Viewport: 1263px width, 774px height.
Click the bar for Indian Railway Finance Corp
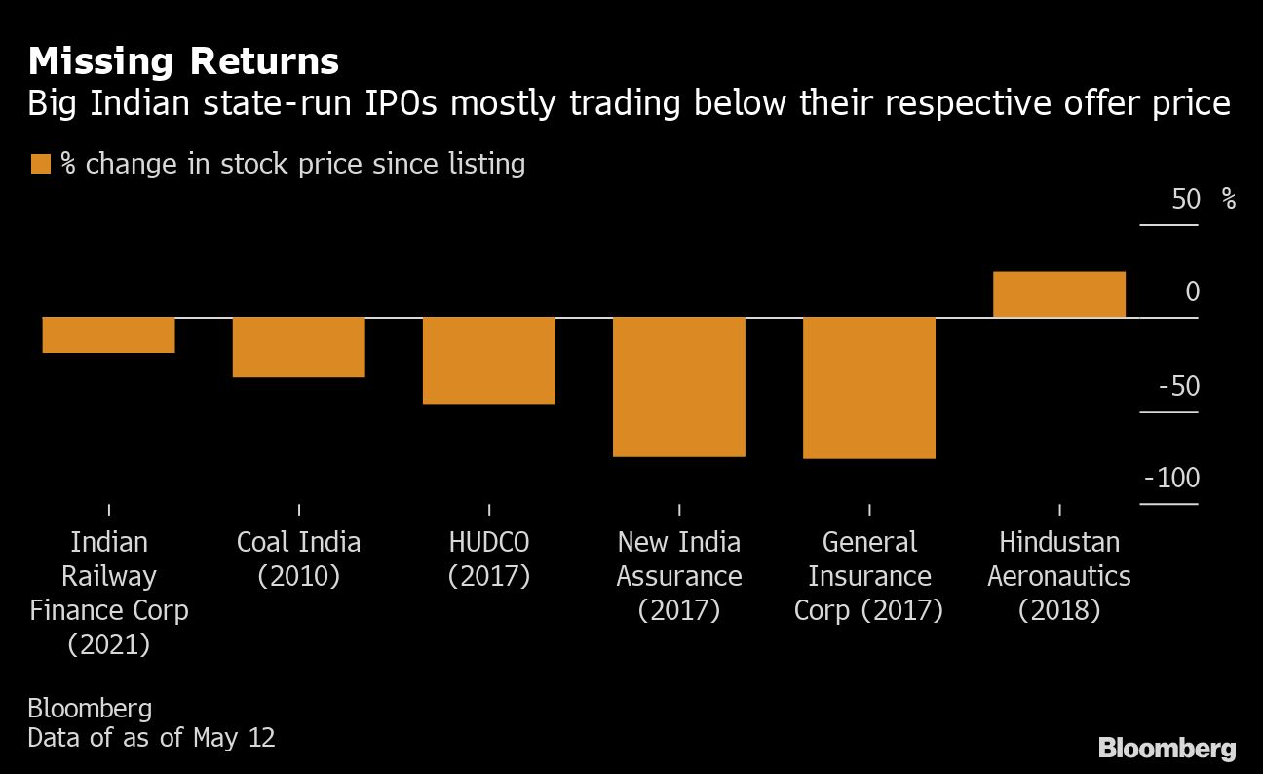tap(108, 335)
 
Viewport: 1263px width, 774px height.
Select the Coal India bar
tap(298, 347)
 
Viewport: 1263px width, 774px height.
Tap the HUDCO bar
tap(488, 361)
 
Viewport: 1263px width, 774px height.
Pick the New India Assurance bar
tap(678, 387)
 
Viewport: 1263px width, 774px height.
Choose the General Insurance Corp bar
tap(868, 388)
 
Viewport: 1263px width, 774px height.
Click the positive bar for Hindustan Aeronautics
tap(1058, 294)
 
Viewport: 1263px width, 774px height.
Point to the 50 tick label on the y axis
tap(1186, 200)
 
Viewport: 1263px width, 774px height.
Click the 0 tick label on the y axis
tap(1192, 292)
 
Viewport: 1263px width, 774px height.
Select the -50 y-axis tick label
tap(1179, 387)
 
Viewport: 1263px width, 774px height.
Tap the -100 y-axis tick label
tap(1172, 479)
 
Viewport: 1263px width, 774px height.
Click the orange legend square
tap(40, 164)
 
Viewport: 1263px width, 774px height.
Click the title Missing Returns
tap(183, 62)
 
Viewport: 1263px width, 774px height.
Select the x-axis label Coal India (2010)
tap(298, 559)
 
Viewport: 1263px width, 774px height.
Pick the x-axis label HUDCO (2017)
tap(488, 559)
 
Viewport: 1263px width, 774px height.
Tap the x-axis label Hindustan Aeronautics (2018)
tap(1058, 575)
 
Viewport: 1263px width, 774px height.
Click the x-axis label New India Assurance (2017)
tap(678, 575)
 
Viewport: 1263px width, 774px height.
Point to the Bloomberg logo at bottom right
tap(1167, 749)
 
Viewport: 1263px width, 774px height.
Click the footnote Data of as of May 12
tap(151, 737)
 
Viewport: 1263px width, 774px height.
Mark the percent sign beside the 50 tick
tap(1228, 200)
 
